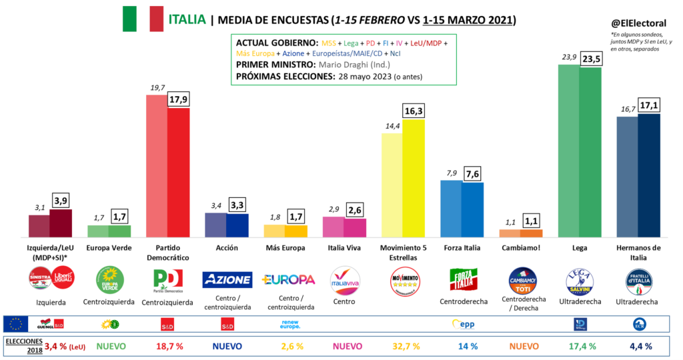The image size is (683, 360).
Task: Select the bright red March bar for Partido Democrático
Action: [178, 173]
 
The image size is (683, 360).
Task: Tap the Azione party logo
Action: [227, 279]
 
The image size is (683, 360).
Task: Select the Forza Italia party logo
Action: [462, 280]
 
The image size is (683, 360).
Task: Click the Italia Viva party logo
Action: [345, 280]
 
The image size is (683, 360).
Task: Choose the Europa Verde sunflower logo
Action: [109, 280]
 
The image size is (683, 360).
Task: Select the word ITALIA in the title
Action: [186, 19]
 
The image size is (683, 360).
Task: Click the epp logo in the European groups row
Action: [462, 324]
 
